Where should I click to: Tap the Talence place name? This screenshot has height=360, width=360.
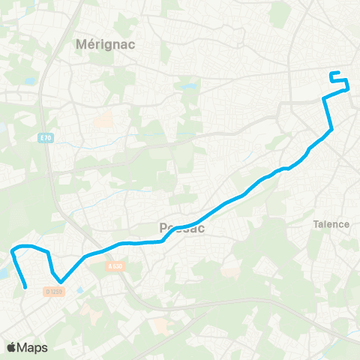click(x=331, y=223)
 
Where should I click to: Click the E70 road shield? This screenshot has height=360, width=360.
click(x=46, y=139)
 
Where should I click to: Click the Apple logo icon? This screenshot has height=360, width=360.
click(x=12, y=347)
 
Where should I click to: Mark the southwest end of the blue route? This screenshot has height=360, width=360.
click(x=26, y=286)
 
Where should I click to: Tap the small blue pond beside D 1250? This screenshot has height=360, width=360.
click(x=79, y=289)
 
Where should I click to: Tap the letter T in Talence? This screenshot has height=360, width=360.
click(x=315, y=223)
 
